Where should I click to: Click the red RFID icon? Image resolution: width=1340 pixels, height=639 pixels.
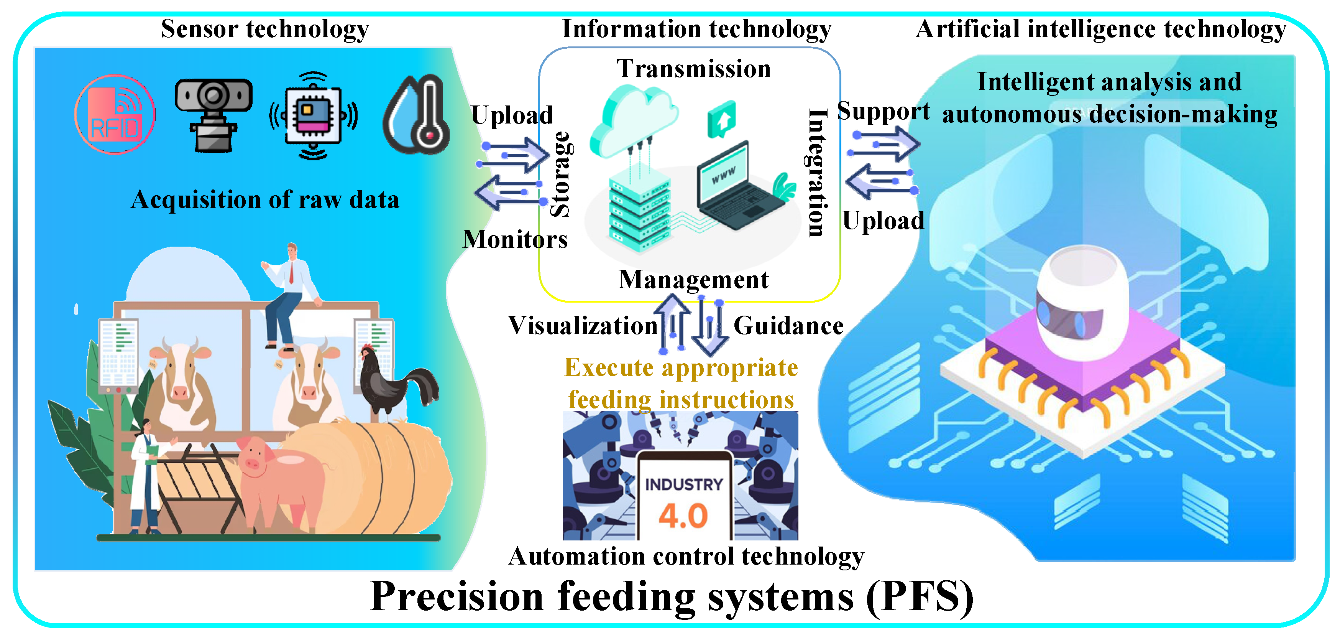coord(115,114)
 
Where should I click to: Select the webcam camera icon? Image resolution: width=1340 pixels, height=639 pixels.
coord(213,114)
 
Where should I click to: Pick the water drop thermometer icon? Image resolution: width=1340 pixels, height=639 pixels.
coord(417,114)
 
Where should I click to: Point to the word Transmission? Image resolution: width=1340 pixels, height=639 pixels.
coord(693,69)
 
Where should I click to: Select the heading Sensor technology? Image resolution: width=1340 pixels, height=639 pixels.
coord(265,29)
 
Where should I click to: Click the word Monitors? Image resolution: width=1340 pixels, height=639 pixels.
coord(515,240)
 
